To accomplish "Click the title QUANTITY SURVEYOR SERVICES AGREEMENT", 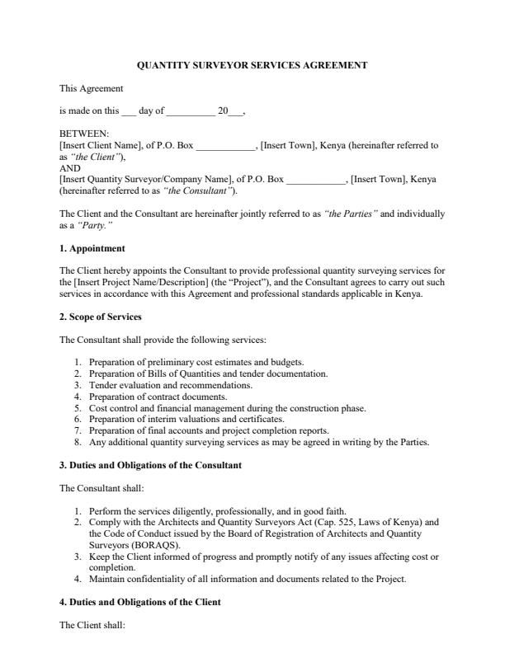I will click(252, 65).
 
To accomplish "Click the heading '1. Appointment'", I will click(92, 248).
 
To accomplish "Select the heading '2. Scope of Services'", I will click(101, 317).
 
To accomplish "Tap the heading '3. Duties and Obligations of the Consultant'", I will click(150, 466).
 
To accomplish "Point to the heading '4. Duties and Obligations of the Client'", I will click(140, 603).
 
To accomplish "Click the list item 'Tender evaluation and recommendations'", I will click(171, 385).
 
